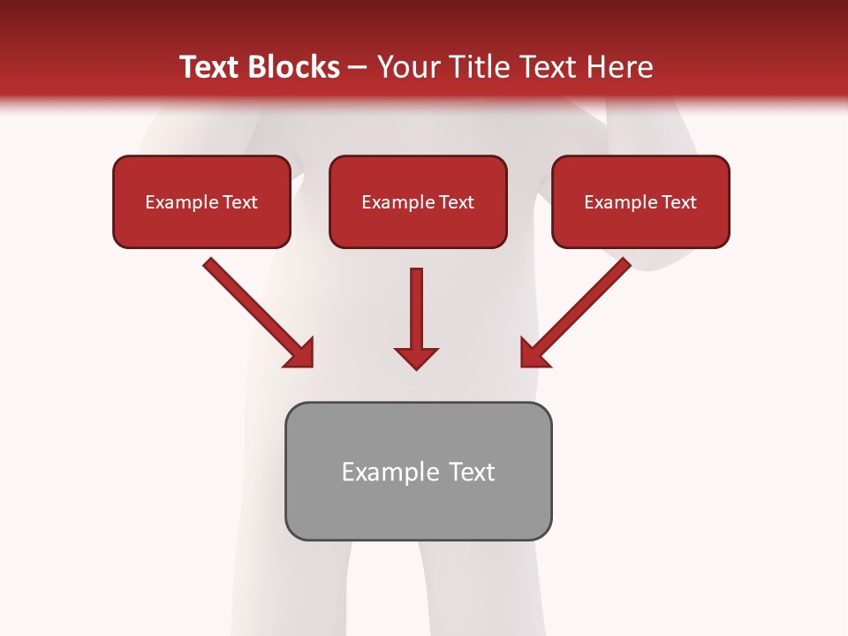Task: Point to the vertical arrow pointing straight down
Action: coord(416,309)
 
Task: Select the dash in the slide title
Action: coord(358,67)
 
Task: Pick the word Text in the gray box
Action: coord(473,472)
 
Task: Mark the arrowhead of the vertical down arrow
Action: coord(416,358)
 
